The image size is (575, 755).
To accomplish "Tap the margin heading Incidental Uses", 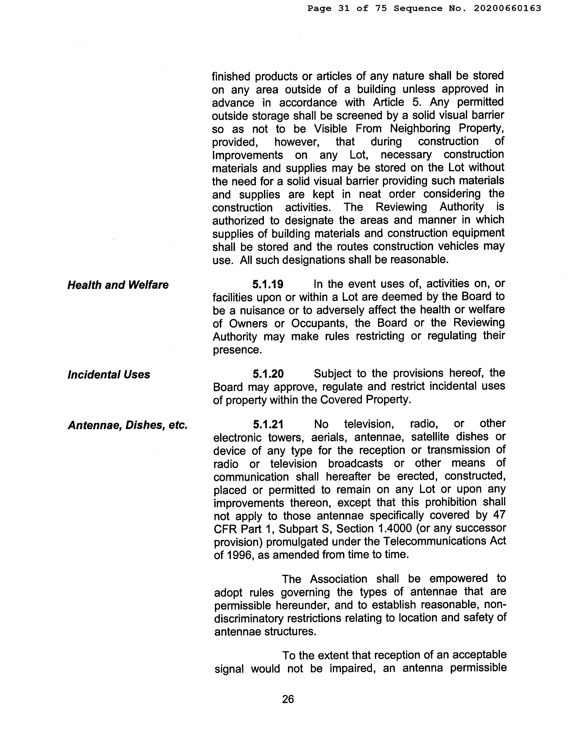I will (x=109, y=374).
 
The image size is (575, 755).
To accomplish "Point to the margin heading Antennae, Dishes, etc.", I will (x=128, y=425).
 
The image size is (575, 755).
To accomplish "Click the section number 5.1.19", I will (x=268, y=284).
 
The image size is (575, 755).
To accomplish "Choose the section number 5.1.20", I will (x=268, y=373).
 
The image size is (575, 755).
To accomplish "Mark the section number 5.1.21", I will (x=268, y=425).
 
